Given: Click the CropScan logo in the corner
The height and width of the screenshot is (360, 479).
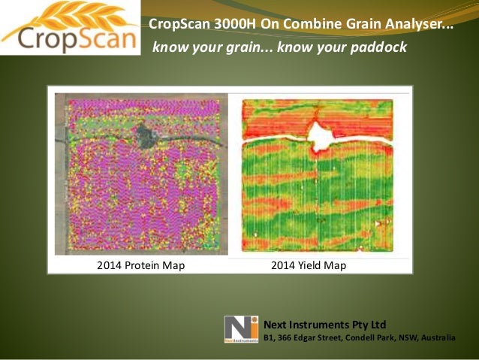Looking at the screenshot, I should [x=70, y=28].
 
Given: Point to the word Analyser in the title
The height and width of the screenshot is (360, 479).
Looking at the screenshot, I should [x=421, y=23].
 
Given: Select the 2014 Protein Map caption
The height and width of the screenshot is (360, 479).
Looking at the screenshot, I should [x=140, y=265].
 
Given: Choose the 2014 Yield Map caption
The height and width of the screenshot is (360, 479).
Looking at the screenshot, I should [x=308, y=265].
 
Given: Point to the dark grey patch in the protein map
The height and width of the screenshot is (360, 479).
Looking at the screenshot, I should [x=143, y=138].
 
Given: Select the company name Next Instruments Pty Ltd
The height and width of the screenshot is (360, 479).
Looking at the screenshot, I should [x=324, y=325].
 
